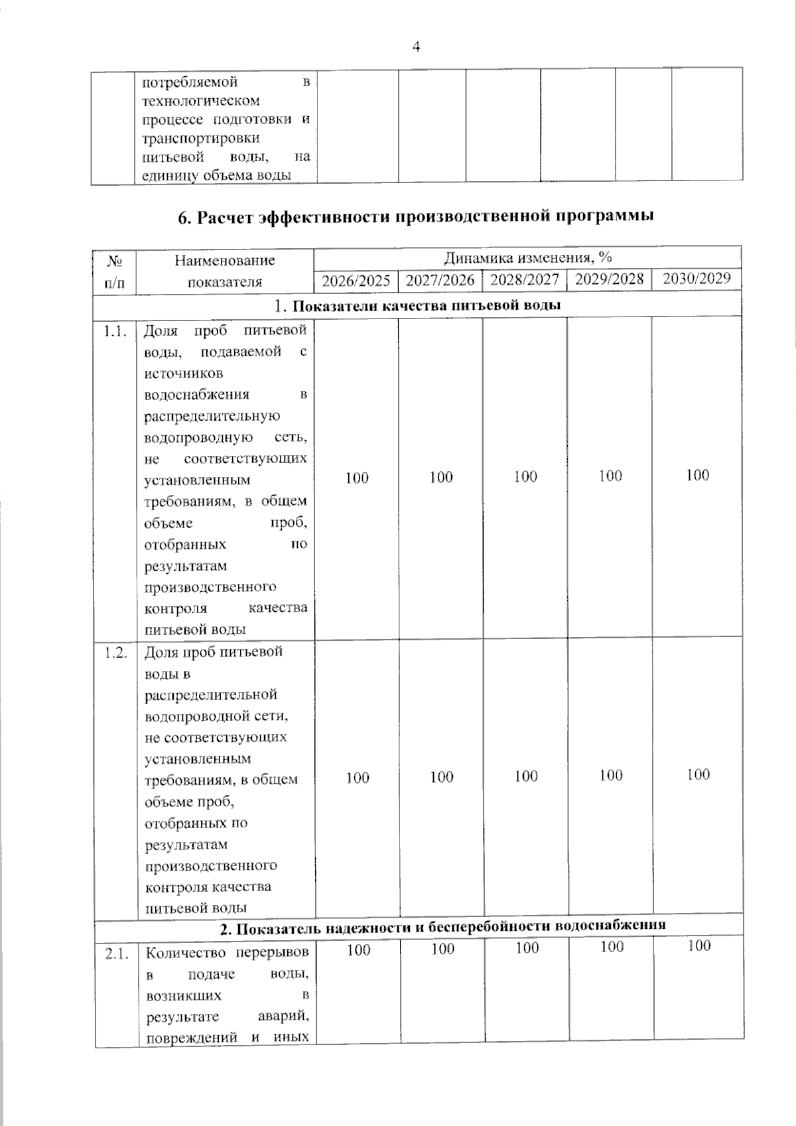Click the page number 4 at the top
[x=417, y=46]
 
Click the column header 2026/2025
[x=356, y=281]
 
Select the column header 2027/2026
[x=440, y=280]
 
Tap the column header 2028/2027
[x=525, y=279]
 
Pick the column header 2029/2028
[x=609, y=279]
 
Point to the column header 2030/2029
[x=696, y=278]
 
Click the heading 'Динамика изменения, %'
[x=527, y=257]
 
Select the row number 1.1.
[x=115, y=332]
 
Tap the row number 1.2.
[x=115, y=653]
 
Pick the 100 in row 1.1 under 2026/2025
[x=357, y=478]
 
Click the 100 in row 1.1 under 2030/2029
[x=697, y=475]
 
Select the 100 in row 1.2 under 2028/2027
[x=526, y=776]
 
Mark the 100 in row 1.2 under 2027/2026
[x=441, y=776]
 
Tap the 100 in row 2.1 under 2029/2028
[x=612, y=947]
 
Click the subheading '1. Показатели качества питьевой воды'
[x=418, y=305]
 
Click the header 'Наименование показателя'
[x=224, y=271]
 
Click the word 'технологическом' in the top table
[x=201, y=101]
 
